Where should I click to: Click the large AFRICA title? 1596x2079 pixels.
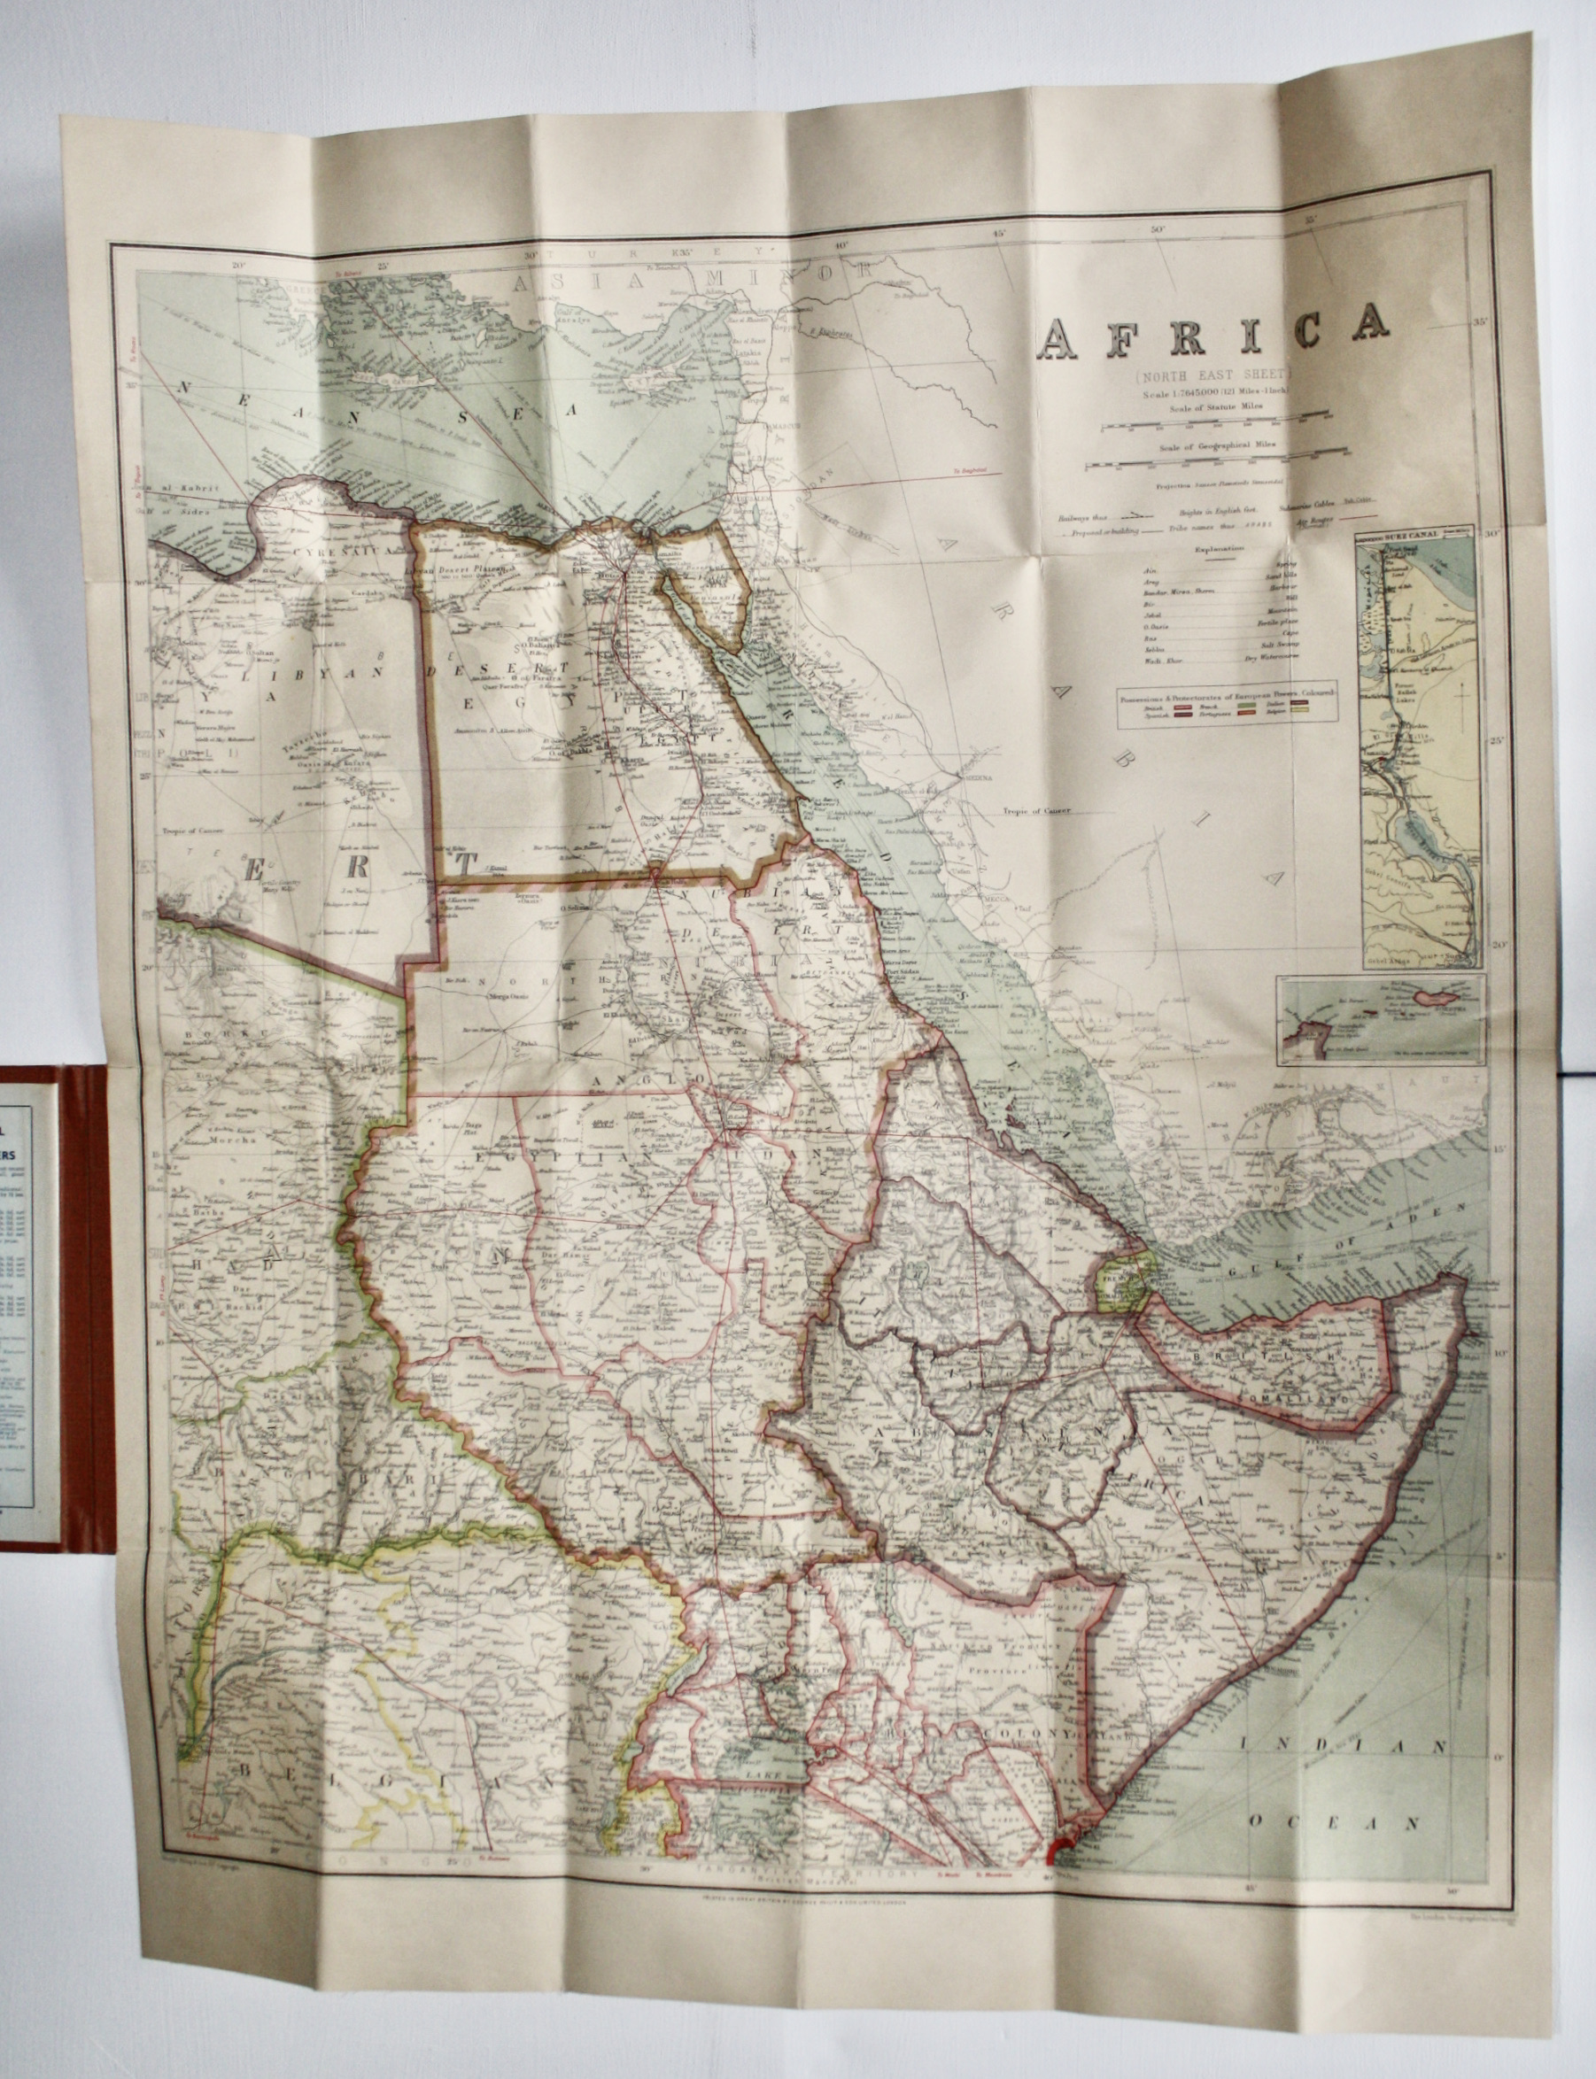pyautogui.click(x=1216, y=336)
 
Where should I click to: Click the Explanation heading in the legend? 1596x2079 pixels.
pyautogui.click(x=1217, y=549)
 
